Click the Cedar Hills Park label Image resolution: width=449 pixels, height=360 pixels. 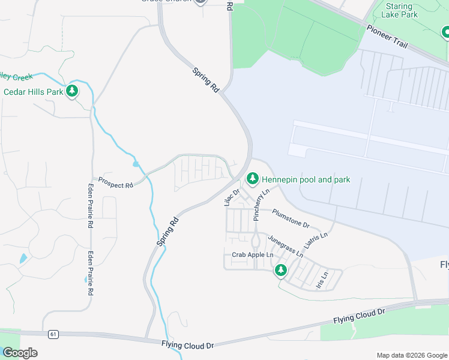point(34,92)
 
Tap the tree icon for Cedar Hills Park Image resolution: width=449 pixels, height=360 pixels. point(73,91)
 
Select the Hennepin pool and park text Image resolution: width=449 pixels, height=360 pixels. point(306,179)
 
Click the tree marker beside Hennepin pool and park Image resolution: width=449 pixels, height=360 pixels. point(253,179)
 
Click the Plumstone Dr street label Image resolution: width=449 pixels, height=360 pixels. point(291,218)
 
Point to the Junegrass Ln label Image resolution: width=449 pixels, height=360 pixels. point(285,246)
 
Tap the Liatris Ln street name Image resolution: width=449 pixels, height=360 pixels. point(316,241)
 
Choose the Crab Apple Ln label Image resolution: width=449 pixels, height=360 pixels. point(253,255)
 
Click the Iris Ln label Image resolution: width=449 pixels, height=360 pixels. point(322,280)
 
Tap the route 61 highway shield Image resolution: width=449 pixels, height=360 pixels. point(53,334)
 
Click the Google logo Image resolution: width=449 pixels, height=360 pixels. point(20,353)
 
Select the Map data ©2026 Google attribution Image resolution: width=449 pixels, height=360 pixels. point(412,355)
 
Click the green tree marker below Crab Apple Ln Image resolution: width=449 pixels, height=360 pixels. point(280,271)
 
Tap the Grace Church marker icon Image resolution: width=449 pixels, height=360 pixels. point(200,1)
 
